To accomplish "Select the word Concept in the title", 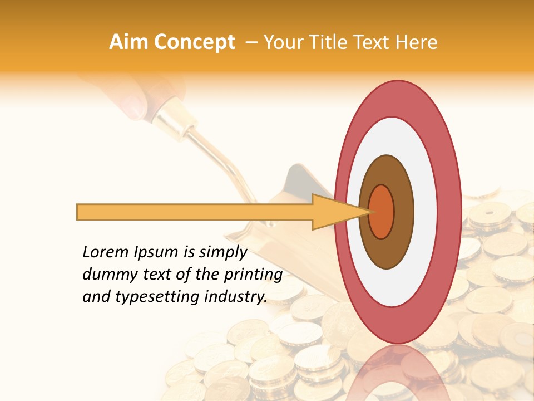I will tap(194, 43).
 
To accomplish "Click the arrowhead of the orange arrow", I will tap(334, 212).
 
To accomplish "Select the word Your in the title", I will tap(281, 42).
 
